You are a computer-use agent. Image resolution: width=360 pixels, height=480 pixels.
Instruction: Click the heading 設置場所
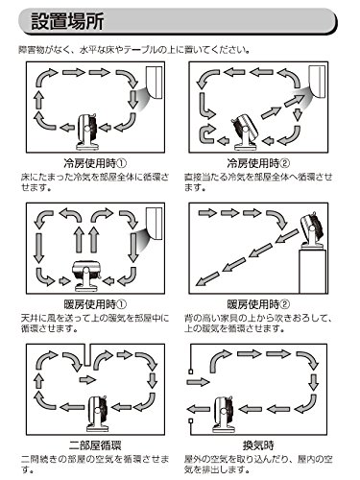click(x=67, y=22)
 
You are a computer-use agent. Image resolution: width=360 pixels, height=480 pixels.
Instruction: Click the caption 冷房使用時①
click(x=95, y=163)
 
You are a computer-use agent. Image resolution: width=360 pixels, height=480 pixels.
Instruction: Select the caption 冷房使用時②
click(x=258, y=163)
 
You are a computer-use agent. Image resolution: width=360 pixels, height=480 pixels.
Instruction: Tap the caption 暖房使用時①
click(x=95, y=304)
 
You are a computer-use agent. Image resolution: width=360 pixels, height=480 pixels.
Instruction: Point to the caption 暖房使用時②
click(x=258, y=304)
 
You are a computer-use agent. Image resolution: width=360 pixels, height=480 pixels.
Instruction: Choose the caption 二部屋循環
click(x=95, y=445)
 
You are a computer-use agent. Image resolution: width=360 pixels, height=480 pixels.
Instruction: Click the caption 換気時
click(x=258, y=445)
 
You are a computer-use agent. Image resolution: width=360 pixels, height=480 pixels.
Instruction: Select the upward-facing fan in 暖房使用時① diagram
click(x=85, y=276)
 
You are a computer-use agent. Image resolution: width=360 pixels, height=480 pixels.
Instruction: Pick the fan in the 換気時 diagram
click(x=225, y=414)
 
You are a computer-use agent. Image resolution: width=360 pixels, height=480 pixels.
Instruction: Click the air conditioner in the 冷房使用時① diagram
click(x=155, y=82)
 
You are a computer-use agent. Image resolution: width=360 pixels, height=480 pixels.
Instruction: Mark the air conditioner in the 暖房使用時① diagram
click(x=155, y=223)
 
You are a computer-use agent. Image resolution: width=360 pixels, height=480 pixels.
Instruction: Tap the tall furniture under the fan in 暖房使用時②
click(x=313, y=272)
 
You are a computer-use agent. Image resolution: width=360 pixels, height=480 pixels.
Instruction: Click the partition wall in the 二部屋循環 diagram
click(x=86, y=355)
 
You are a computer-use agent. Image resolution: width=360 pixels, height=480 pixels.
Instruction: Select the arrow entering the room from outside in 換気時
click(x=198, y=381)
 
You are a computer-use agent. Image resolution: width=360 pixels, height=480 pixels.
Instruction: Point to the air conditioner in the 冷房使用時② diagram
click(x=318, y=81)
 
